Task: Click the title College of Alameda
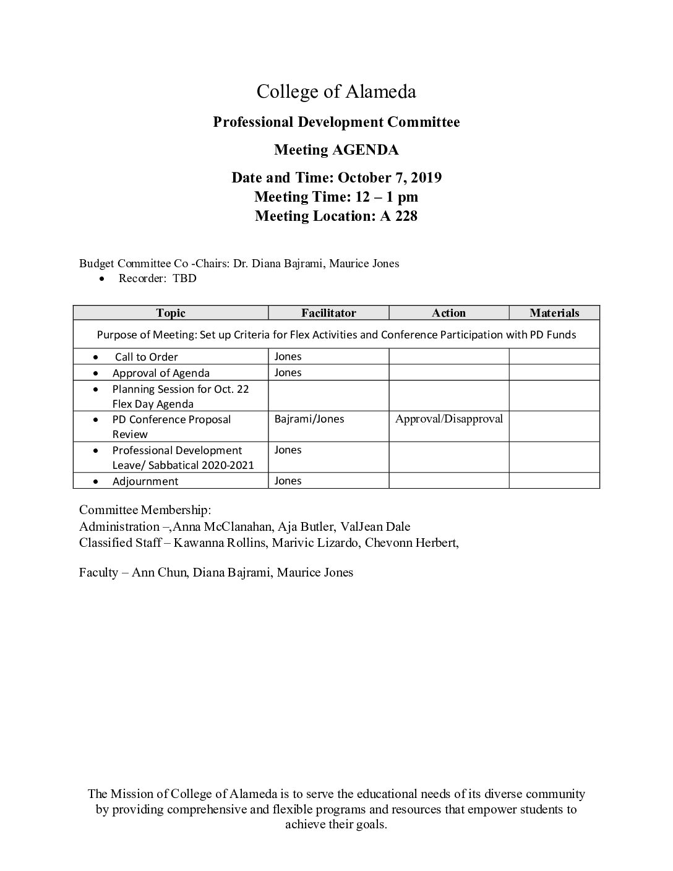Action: click(x=336, y=92)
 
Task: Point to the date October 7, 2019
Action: click(x=389, y=178)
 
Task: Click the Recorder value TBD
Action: click(x=184, y=278)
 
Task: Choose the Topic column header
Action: click(x=170, y=313)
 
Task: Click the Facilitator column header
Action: click(x=328, y=313)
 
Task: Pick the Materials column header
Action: click(x=554, y=313)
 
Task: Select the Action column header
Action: click(x=448, y=313)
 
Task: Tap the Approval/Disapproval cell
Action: click(x=448, y=419)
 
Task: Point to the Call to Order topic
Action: click(x=146, y=357)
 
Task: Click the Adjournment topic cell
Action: click(x=145, y=481)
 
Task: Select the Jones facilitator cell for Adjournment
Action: click(x=288, y=481)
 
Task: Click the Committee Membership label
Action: click(x=145, y=510)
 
